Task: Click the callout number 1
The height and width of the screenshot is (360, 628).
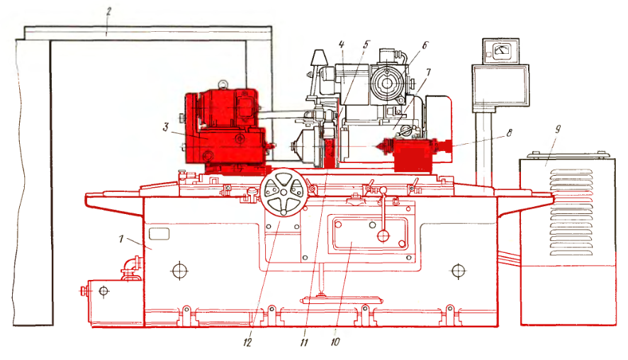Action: (121, 239)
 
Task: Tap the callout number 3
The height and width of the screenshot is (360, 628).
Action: (166, 128)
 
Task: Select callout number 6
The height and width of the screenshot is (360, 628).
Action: (425, 45)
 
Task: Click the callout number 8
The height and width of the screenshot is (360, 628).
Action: (509, 133)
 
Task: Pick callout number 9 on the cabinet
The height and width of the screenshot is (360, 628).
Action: (557, 130)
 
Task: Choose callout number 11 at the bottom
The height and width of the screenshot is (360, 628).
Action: (304, 342)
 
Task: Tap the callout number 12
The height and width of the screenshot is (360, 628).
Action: (247, 342)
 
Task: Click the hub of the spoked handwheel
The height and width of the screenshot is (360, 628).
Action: (284, 193)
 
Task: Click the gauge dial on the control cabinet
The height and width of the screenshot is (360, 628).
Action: (500, 50)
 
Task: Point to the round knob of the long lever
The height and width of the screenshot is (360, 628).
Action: (383, 236)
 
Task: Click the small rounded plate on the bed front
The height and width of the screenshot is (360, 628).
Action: (159, 233)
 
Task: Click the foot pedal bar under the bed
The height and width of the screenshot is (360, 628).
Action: (341, 300)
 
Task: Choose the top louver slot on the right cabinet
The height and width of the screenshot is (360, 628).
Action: (571, 171)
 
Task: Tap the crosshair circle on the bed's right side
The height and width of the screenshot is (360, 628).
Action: (458, 271)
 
